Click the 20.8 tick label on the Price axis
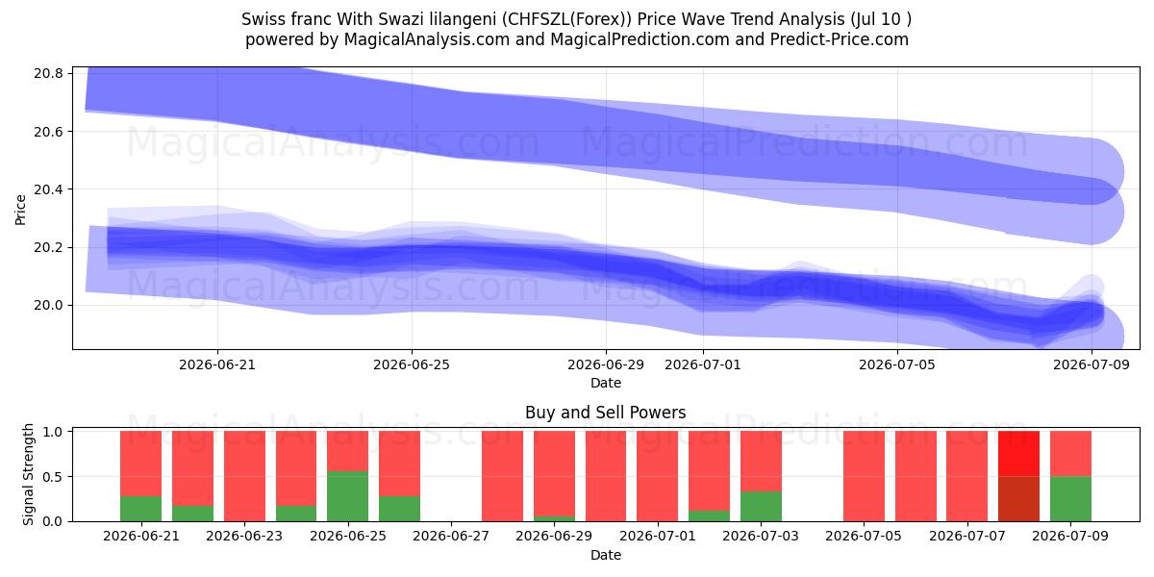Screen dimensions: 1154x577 (x=48, y=74)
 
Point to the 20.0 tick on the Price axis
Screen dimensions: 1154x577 (x=48, y=306)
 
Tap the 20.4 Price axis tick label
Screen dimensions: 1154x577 (x=48, y=189)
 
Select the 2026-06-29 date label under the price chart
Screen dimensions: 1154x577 (x=606, y=364)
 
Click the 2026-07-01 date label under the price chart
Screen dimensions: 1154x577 (x=703, y=364)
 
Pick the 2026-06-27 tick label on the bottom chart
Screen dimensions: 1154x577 (x=451, y=536)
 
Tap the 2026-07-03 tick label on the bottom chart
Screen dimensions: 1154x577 (x=761, y=536)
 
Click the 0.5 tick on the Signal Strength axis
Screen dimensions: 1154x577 (x=52, y=477)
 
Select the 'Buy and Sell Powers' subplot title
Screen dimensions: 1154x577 (x=605, y=413)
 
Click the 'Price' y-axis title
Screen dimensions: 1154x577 (x=20, y=210)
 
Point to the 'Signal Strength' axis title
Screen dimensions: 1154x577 (x=28, y=474)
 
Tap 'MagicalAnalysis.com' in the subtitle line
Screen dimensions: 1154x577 (x=427, y=39)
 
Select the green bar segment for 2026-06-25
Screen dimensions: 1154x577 (x=348, y=496)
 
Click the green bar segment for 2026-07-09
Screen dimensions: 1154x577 (x=1070, y=499)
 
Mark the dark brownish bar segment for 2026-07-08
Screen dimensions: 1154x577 (x=1018, y=499)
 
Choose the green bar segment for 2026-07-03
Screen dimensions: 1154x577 (x=761, y=507)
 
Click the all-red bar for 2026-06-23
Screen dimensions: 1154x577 (x=244, y=476)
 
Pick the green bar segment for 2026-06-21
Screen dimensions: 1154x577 (x=140, y=509)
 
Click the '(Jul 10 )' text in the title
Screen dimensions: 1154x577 (x=881, y=19)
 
